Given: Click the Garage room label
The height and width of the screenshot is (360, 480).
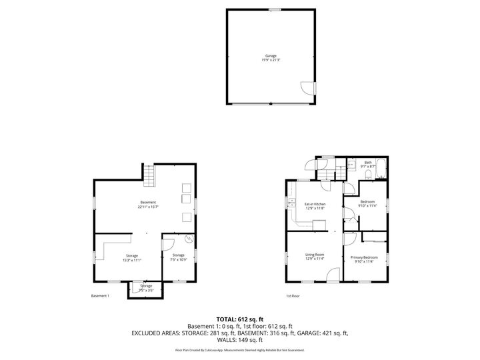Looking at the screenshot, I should [270, 56].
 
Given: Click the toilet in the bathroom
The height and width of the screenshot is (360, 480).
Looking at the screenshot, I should [368, 175].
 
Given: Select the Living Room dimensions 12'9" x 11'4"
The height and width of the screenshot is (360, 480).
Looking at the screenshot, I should [315, 259].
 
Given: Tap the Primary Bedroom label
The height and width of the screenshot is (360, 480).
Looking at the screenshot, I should [364, 257].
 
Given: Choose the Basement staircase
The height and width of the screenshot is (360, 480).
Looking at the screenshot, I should [150, 177].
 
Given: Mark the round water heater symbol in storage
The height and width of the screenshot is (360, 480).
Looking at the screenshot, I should [189, 238].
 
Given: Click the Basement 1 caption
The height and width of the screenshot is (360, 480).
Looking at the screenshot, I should [99, 296].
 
